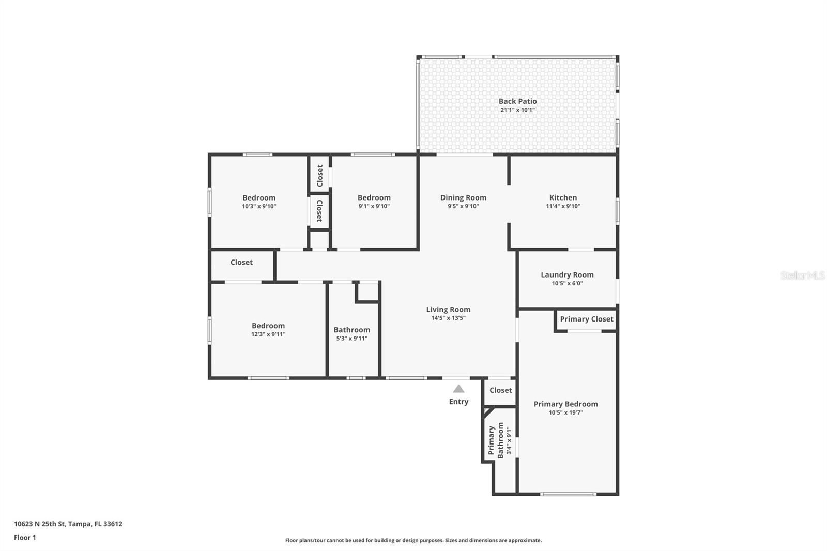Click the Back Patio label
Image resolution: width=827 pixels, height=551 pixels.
[x=517, y=101]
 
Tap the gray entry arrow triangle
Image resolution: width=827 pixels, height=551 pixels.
[x=458, y=389]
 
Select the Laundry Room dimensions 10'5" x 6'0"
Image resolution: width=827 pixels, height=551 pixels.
[x=567, y=283]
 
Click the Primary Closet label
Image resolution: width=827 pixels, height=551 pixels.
[x=587, y=319]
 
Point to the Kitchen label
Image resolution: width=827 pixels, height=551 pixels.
[x=563, y=197]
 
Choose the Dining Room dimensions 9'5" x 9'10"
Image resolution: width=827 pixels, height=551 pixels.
[x=463, y=206]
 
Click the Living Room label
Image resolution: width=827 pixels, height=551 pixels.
[x=448, y=309]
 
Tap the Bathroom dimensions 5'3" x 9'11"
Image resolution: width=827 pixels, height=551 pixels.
[x=351, y=339]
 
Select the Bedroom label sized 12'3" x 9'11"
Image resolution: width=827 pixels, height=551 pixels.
[x=268, y=326]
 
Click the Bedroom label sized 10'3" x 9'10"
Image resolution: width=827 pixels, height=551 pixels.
[x=259, y=197]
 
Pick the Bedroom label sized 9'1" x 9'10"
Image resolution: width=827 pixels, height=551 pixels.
[x=374, y=197]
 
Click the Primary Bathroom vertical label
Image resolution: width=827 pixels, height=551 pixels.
[x=496, y=440]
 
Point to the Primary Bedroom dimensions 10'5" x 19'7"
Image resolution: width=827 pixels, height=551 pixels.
[x=565, y=412]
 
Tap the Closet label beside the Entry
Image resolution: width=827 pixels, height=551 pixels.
[x=500, y=390]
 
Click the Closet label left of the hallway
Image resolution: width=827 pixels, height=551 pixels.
[x=241, y=262]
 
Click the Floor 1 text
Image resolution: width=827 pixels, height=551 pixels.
[x=25, y=538]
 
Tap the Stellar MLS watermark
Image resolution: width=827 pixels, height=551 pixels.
[x=802, y=275]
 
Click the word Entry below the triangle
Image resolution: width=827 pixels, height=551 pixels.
[x=458, y=402]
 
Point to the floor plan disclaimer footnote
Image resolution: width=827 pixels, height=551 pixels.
[x=413, y=540]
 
